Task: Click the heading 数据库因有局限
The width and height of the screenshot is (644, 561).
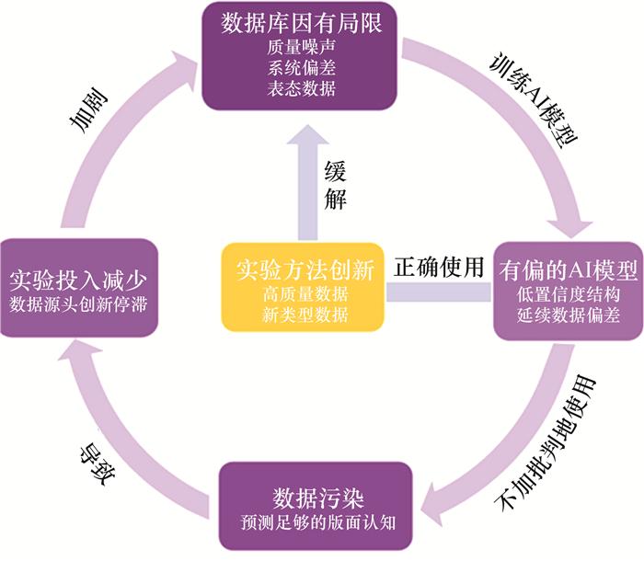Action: click(x=301, y=23)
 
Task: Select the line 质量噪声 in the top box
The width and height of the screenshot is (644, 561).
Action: click(x=301, y=48)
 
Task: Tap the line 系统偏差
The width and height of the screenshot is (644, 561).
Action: click(x=301, y=68)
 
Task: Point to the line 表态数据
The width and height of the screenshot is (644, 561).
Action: click(x=301, y=89)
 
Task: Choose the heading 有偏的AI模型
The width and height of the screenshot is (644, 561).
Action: click(x=568, y=271)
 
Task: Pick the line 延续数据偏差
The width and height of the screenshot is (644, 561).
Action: click(x=568, y=315)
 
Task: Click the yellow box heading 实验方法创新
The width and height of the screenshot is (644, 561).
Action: click(x=304, y=271)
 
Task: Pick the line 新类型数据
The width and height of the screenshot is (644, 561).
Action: click(x=304, y=315)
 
